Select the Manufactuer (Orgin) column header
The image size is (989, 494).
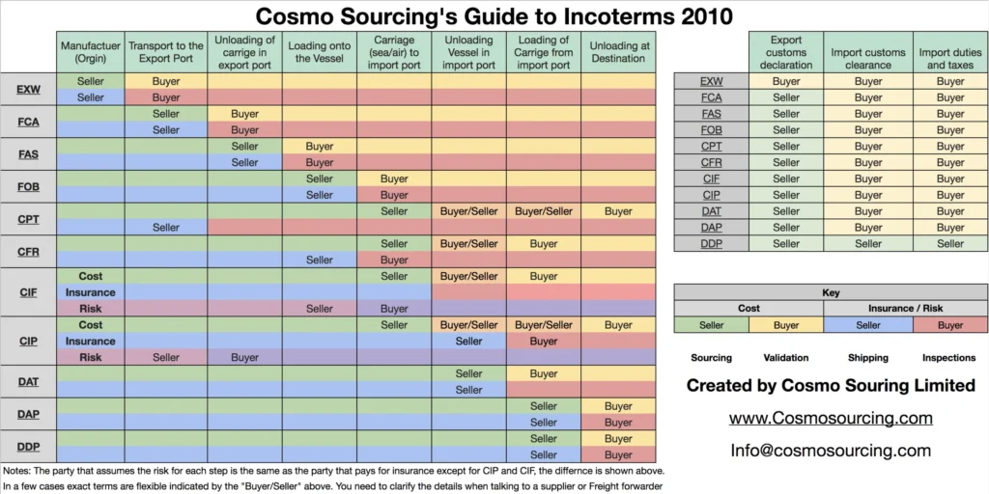[x=90, y=51]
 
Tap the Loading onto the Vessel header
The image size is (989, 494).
[x=319, y=51]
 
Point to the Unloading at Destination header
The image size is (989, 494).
[x=618, y=51]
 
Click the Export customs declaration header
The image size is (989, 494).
[x=786, y=52]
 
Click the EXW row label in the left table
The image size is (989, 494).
[x=28, y=90]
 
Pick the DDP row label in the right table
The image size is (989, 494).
[x=711, y=244]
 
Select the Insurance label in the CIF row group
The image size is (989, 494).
[x=90, y=292]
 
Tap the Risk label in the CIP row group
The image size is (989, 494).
[x=90, y=357]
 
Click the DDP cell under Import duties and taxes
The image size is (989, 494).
[x=949, y=244]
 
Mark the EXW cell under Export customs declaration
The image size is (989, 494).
[x=786, y=82]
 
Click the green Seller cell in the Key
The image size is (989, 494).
[x=711, y=325]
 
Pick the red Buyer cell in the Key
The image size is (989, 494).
[x=949, y=325]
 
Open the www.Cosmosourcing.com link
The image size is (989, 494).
[x=830, y=418]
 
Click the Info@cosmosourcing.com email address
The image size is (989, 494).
[x=830, y=451]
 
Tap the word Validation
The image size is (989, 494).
[x=785, y=358]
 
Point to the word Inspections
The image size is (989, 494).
[x=948, y=358]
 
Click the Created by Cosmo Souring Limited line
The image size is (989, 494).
[x=830, y=386]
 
